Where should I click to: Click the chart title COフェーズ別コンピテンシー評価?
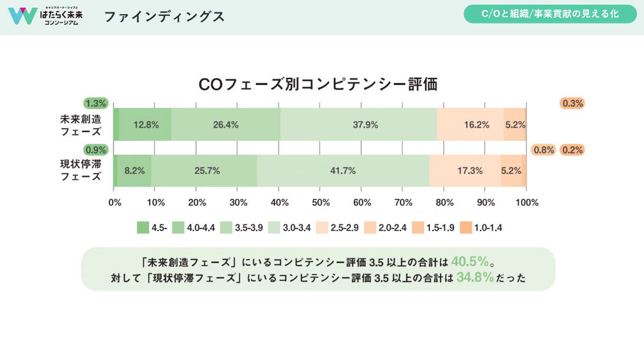pyautogui.click(x=318, y=84)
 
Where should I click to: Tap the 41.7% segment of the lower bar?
pyautogui.click(x=343, y=171)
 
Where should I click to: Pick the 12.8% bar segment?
pyautogui.click(x=145, y=125)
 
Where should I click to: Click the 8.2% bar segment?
pyautogui.click(x=134, y=171)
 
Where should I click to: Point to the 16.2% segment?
pyautogui.click(x=470, y=125)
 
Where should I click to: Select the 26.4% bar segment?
pyautogui.click(x=225, y=125)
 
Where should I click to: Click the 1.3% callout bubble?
pyautogui.click(x=96, y=103)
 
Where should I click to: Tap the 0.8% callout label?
pyautogui.click(x=543, y=150)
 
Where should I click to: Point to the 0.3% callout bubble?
pyautogui.click(x=572, y=103)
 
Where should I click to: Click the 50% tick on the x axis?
pyautogui.click(x=320, y=202)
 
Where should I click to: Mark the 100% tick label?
pyautogui.click(x=527, y=202)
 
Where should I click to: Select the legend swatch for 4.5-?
pyautogui.click(x=143, y=227)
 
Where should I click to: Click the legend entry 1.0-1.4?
pyautogui.click(x=482, y=227)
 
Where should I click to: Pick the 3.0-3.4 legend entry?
pyautogui.click(x=290, y=227)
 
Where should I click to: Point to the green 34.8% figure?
pyautogui.click(x=475, y=277)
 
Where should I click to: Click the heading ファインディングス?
pyautogui.click(x=164, y=17)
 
